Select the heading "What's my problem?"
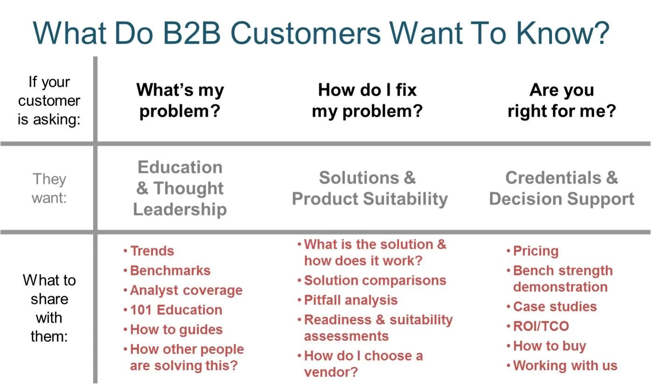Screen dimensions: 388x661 (180, 101)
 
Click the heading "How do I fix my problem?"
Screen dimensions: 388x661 (367, 101)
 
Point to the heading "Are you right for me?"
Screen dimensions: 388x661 (561, 101)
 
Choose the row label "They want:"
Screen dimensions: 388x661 (49, 188)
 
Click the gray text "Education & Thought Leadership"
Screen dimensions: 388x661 (180, 188)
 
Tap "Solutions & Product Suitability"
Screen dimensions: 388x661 (370, 188)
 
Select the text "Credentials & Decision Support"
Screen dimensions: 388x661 (561, 188)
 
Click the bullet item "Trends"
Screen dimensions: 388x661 (152, 251)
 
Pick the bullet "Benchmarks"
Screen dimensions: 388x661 (170, 271)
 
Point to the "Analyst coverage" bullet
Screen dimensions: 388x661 (186, 290)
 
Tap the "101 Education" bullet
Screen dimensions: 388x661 (176, 310)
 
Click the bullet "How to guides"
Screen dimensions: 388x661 (176, 330)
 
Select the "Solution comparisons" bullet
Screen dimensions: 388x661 (375, 280)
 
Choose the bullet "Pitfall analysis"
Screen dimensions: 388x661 (351, 300)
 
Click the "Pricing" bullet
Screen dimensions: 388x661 (536, 251)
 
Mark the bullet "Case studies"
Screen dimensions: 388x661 (555, 307)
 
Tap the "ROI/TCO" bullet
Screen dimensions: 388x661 (541, 326)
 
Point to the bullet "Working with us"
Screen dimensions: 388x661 (565, 366)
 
